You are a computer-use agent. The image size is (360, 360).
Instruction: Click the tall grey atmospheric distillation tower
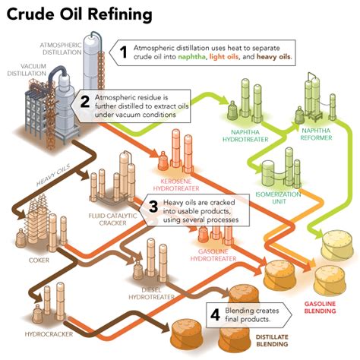click(94, 61)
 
